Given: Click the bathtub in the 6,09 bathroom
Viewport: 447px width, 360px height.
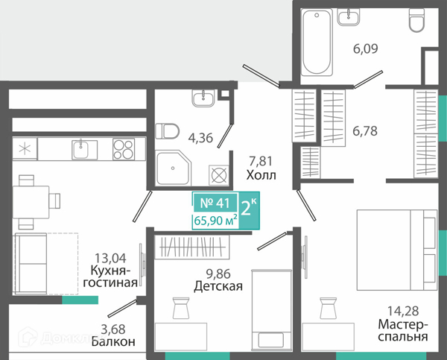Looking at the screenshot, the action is tap(317, 42).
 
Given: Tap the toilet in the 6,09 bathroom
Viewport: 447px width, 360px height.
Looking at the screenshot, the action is tap(417, 19).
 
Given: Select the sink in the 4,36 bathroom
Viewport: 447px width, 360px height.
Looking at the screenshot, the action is tap(203, 98).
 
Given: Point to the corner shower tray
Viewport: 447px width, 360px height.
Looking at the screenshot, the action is tap(174, 168).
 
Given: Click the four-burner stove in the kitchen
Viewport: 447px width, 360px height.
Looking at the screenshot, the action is tap(124, 149).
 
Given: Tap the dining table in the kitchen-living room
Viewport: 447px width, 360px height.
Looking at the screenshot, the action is tap(31, 202).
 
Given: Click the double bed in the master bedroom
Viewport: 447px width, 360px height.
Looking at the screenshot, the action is tap(397, 250).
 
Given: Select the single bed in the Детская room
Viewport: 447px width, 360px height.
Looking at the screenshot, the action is tap(272, 309).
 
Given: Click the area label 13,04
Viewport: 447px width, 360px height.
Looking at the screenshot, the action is tap(110, 258).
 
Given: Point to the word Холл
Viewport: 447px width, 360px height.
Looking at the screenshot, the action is tap(261, 175).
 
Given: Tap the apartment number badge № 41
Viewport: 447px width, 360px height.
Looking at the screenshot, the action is tap(215, 203).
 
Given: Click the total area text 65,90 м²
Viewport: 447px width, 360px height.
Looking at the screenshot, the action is tap(215, 220).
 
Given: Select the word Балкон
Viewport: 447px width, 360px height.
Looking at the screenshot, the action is tap(113, 341).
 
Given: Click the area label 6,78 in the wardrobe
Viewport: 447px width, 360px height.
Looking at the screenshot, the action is tap(365, 131).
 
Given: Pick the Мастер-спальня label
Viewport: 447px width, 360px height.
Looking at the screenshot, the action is tap(403, 330).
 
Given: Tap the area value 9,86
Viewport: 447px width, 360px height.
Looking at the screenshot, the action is tap(218, 274).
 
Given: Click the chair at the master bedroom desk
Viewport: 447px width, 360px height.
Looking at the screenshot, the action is tap(328, 308).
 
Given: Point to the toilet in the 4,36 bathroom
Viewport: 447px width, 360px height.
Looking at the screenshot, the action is tap(167, 131).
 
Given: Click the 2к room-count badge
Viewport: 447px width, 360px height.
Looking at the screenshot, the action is tap(249, 209).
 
